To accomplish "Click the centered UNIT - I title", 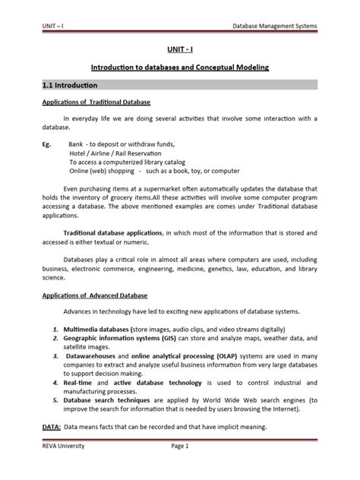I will click(x=180, y=49).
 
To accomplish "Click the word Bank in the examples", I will click(x=76, y=143).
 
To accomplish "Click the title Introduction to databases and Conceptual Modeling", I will click(x=180, y=68).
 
